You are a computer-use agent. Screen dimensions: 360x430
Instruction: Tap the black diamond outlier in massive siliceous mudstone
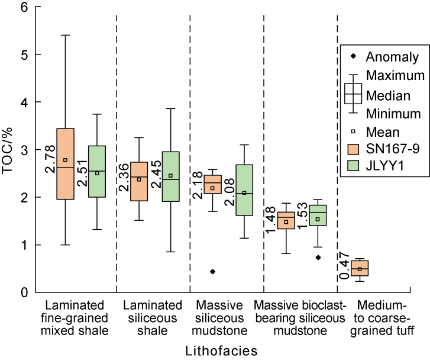pyautogui.click(x=212, y=271)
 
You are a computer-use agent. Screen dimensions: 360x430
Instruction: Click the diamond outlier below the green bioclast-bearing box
pyautogui.click(x=318, y=258)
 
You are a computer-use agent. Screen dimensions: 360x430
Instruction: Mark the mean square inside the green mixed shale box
pyautogui.click(x=97, y=173)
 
